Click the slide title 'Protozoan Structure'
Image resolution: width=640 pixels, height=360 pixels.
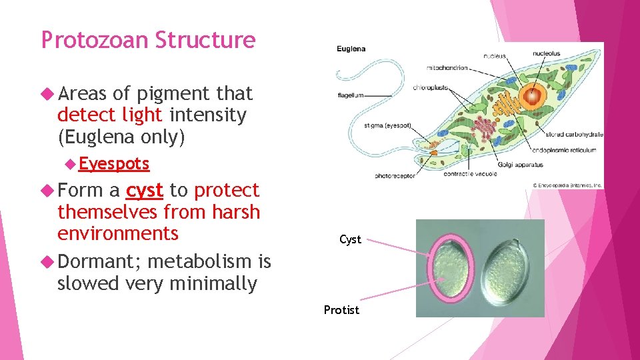[148, 41]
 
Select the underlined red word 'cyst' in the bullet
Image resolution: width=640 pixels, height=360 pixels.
[145, 191]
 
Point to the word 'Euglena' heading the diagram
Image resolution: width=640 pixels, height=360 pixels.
[351, 49]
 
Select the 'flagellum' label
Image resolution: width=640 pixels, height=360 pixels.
[351, 95]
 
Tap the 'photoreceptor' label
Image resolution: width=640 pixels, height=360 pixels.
[395, 176]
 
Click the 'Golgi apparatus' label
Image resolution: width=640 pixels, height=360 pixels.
[520, 164]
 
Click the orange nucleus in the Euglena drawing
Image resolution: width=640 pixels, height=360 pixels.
[532, 97]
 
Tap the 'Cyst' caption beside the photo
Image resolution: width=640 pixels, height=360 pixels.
[350, 239]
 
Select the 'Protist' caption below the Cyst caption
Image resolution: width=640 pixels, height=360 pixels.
[341, 310]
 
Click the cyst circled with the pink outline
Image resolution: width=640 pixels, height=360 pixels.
[451, 268]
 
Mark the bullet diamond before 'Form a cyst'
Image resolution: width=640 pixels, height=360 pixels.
[47, 191]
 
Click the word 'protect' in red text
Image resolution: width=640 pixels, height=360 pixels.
[226, 191]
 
